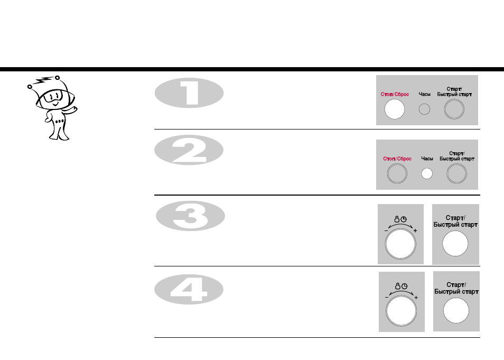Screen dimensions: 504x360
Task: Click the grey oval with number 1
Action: tap(189, 93)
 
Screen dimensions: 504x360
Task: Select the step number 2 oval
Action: tap(189, 150)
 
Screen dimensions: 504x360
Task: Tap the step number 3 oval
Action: tap(190, 216)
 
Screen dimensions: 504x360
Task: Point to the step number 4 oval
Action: tap(189, 289)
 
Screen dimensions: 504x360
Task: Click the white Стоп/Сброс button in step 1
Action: tap(395, 109)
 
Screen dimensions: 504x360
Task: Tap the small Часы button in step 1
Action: tap(424, 109)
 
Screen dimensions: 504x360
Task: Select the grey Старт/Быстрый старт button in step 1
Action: tap(454, 109)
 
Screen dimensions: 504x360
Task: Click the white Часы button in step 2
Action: tap(427, 174)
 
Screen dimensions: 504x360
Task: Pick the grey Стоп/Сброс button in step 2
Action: tap(397, 173)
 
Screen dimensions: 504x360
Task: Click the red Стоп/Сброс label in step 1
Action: tap(395, 94)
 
